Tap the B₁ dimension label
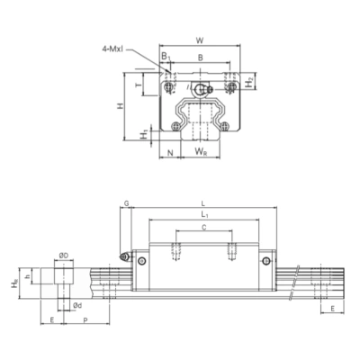(165, 57)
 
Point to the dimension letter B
(199, 57)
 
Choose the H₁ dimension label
(144, 134)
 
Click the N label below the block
(170, 154)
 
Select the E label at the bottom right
(333, 308)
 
